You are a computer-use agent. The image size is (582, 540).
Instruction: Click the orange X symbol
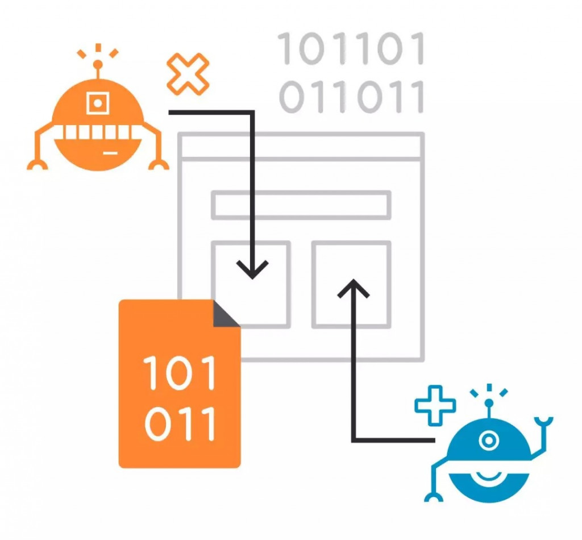(x=188, y=74)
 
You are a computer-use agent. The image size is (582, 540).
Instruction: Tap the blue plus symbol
(x=435, y=405)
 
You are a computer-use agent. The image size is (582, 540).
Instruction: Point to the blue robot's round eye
(x=488, y=440)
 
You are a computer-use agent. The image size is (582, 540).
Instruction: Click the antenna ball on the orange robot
(x=98, y=64)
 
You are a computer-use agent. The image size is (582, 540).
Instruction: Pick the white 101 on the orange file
(x=180, y=373)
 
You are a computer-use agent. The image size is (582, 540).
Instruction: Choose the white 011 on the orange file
(x=180, y=423)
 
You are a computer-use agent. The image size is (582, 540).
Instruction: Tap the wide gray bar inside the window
(x=301, y=205)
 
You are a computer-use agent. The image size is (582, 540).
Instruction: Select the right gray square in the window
(x=351, y=284)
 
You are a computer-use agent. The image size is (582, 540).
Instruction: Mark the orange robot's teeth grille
(x=98, y=132)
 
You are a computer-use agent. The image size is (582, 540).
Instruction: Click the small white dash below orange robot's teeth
(x=110, y=152)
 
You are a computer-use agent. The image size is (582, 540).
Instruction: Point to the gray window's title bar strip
(x=301, y=146)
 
